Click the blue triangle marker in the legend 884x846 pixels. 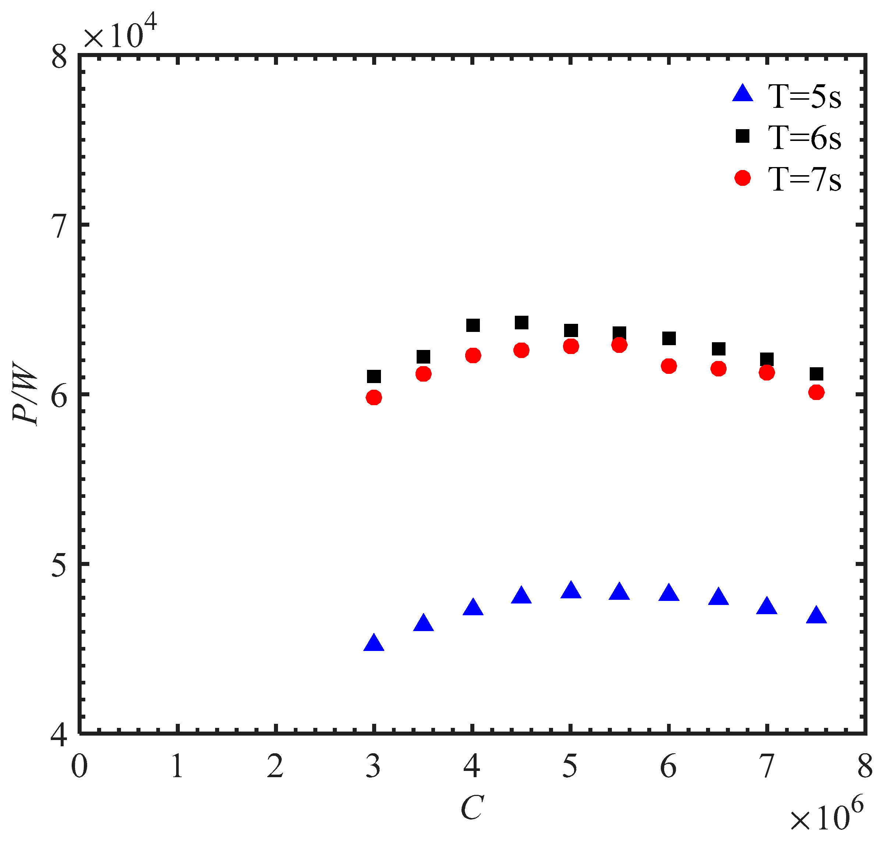pos(742,95)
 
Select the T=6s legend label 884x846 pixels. pos(804,138)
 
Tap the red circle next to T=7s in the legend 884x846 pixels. pos(742,178)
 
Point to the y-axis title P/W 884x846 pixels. pos(25,393)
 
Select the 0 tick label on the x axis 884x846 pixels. pos(79,766)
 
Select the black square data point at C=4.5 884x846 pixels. pos(521,322)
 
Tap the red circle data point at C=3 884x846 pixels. pos(374,397)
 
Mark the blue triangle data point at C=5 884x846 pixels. pos(570,591)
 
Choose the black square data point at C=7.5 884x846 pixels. pos(816,374)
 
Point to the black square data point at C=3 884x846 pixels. pos(374,376)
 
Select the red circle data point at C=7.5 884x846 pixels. pos(816,392)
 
